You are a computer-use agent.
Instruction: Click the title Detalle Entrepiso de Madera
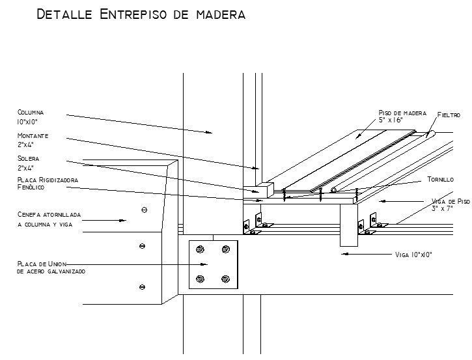[x=141, y=14]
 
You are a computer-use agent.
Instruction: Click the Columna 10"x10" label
[x=31, y=117]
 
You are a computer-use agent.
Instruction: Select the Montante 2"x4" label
[x=33, y=140]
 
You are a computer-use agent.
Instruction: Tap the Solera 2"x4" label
[x=28, y=163]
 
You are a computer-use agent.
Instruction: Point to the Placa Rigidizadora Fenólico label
[x=48, y=184]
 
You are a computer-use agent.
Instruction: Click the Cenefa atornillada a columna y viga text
[x=49, y=219]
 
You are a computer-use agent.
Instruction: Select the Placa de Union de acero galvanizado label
[x=51, y=268]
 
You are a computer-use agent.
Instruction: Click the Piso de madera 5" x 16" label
[x=402, y=116]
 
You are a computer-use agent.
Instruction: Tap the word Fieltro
[x=449, y=115]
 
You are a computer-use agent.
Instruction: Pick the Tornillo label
[x=440, y=180]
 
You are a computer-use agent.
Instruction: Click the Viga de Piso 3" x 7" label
[x=451, y=204]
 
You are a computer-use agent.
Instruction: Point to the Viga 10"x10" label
[x=413, y=255]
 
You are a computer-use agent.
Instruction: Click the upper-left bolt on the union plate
[x=200, y=249]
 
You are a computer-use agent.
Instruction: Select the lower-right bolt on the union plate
[x=225, y=279]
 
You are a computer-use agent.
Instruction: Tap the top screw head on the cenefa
[x=144, y=210]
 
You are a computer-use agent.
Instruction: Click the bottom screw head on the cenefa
[x=142, y=287]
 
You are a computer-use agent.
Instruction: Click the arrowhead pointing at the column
[x=209, y=132]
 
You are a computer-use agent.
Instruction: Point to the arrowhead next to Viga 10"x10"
[x=345, y=254]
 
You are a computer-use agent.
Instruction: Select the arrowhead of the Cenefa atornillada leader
[x=122, y=220]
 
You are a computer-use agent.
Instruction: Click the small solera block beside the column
[x=258, y=190]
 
